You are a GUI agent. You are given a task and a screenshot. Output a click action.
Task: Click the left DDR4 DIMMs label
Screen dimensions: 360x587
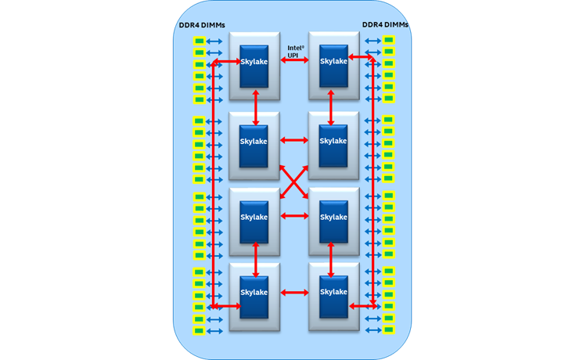tap(201, 24)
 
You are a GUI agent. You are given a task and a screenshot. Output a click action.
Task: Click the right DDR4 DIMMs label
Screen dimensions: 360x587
tap(385, 24)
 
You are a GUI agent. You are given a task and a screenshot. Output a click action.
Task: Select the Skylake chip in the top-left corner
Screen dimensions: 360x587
tap(254, 62)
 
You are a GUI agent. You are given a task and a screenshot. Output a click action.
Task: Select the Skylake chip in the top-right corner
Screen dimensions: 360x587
tap(333, 62)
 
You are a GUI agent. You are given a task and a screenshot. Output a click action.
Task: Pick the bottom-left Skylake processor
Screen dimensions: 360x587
tap(254, 293)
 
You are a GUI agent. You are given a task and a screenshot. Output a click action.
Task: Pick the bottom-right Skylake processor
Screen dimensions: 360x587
tap(333, 293)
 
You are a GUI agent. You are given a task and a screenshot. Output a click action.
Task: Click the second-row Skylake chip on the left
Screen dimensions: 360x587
tap(254, 142)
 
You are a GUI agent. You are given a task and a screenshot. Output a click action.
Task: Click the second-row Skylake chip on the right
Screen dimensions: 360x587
tap(333, 142)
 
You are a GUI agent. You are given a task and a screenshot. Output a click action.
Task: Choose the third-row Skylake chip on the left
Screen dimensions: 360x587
tap(254, 218)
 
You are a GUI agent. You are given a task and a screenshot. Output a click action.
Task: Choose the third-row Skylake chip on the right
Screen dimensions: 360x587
tap(333, 218)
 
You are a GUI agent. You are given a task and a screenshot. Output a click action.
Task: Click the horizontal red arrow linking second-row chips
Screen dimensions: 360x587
tap(294, 142)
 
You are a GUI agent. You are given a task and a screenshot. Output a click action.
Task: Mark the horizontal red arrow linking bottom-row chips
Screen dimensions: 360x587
tap(294, 293)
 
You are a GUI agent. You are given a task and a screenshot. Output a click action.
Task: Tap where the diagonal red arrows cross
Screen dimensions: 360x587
tap(294, 179)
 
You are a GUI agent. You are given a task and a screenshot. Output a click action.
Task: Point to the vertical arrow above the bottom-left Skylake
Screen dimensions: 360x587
tap(256, 259)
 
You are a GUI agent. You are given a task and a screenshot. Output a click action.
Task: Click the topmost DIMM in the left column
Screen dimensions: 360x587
tap(199, 41)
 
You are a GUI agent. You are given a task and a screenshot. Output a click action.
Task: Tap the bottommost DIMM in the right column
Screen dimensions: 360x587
tap(388, 331)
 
